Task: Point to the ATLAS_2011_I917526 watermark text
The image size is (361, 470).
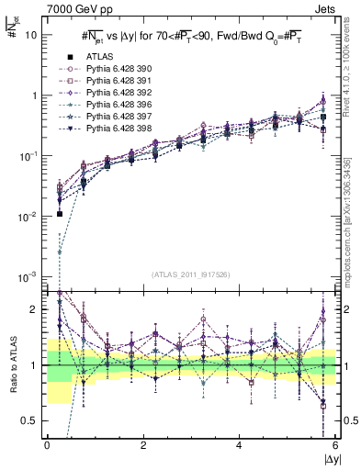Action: pos(191,274)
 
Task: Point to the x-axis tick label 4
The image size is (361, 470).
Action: pos(239,446)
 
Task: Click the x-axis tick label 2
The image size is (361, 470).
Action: pos(142,446)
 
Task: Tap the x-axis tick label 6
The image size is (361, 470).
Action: pos(335,446)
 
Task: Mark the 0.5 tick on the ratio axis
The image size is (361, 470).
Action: pos(28,420)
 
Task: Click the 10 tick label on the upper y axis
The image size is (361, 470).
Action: pos(28,36)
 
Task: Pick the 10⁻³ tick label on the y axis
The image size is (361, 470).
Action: pos(26,276)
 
